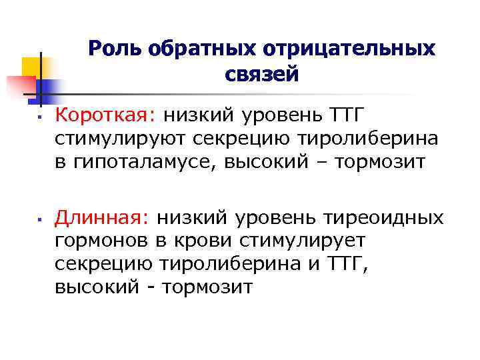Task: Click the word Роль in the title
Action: (x=116, y=49)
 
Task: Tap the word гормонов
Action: (x=98, y=241)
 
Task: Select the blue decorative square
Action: (x=49, y=88)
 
